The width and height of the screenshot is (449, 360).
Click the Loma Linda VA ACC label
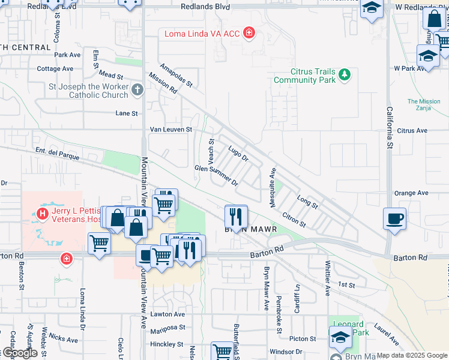coord(203,33)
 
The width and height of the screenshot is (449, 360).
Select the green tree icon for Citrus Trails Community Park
coord(345,74)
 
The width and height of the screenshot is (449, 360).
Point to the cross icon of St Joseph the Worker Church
coord(137,91)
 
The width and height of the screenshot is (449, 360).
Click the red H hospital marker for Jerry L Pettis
coord(43,213)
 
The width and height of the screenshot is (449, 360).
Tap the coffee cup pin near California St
coord(395,218)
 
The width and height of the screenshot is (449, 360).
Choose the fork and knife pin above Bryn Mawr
coord(236,216)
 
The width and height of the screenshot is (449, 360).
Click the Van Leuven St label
coord(170,129)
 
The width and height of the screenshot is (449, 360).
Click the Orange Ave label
coord(411,193)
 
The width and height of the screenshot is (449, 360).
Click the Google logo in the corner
coord(20,353)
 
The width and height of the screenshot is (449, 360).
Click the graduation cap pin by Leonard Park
coord(340,338)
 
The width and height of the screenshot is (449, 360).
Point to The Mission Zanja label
coord(424,105)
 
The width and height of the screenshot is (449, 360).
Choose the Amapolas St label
coord(175,75)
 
